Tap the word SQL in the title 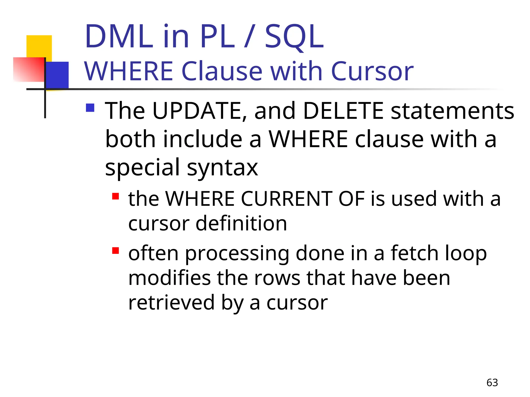[294, 37]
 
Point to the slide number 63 [492, 383]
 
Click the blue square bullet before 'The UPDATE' [90, 108]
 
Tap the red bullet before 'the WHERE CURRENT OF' [115, 196]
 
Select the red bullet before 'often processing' [115, 251]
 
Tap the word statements [452, 111]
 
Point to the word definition [241, 223]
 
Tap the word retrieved [171, 303]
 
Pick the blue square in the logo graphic [57, 75]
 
